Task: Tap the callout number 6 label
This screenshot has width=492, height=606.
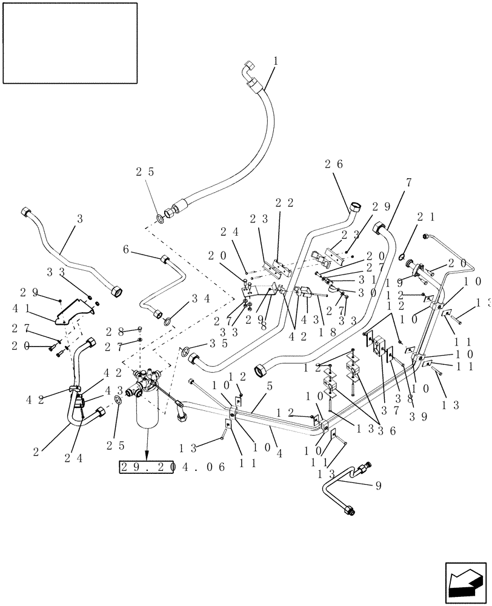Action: coord(126,250)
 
